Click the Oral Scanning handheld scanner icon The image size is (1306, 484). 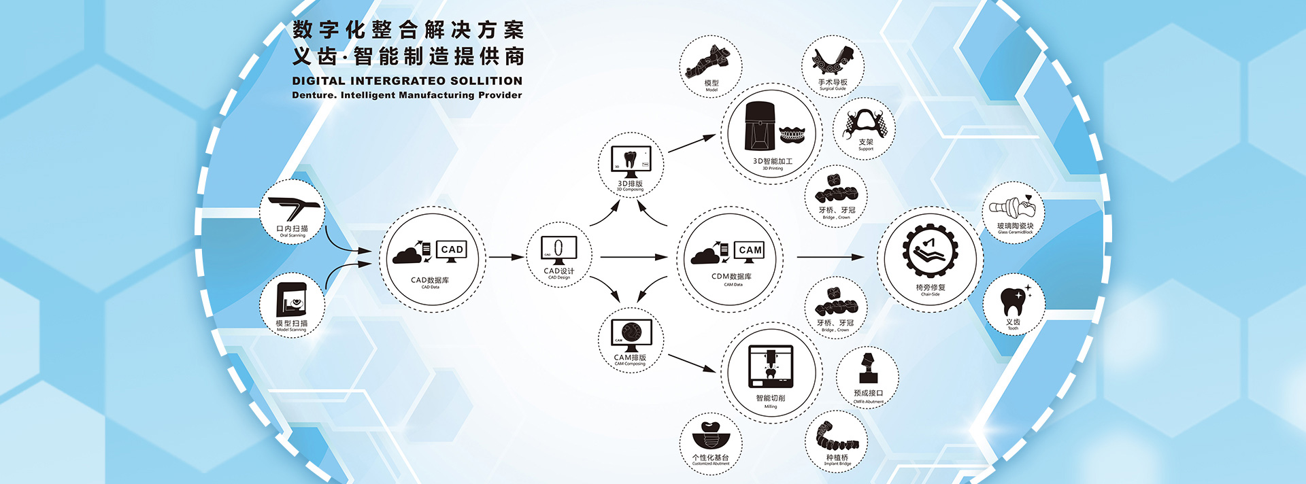point(295,207)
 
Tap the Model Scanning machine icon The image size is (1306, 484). point(292,299)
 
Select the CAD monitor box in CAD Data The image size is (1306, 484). point(452,249)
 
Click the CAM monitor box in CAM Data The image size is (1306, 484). point(750,250)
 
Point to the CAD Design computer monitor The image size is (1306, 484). point(558,249)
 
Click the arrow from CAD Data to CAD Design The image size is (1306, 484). point(505,257)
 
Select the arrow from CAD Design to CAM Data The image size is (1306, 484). point(634,257)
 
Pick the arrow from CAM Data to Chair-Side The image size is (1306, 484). point(830,257)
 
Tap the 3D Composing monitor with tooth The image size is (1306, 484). point(631,160)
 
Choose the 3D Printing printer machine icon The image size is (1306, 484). point(760,126)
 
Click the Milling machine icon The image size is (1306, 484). point(771,366)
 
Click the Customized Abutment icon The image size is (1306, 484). point(710,435)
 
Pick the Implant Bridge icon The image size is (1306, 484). point(837,437)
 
